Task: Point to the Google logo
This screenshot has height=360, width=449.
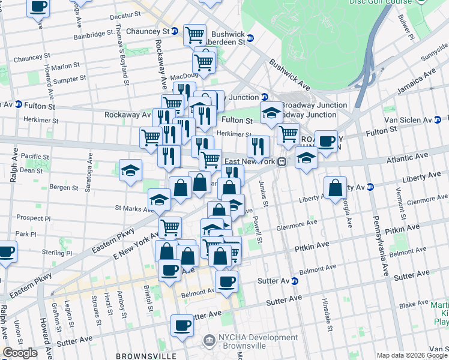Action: [x=20, y=353]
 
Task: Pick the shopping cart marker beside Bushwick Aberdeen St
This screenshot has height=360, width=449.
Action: [x=195, y=35]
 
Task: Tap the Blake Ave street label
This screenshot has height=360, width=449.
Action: [x=414, y=304]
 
